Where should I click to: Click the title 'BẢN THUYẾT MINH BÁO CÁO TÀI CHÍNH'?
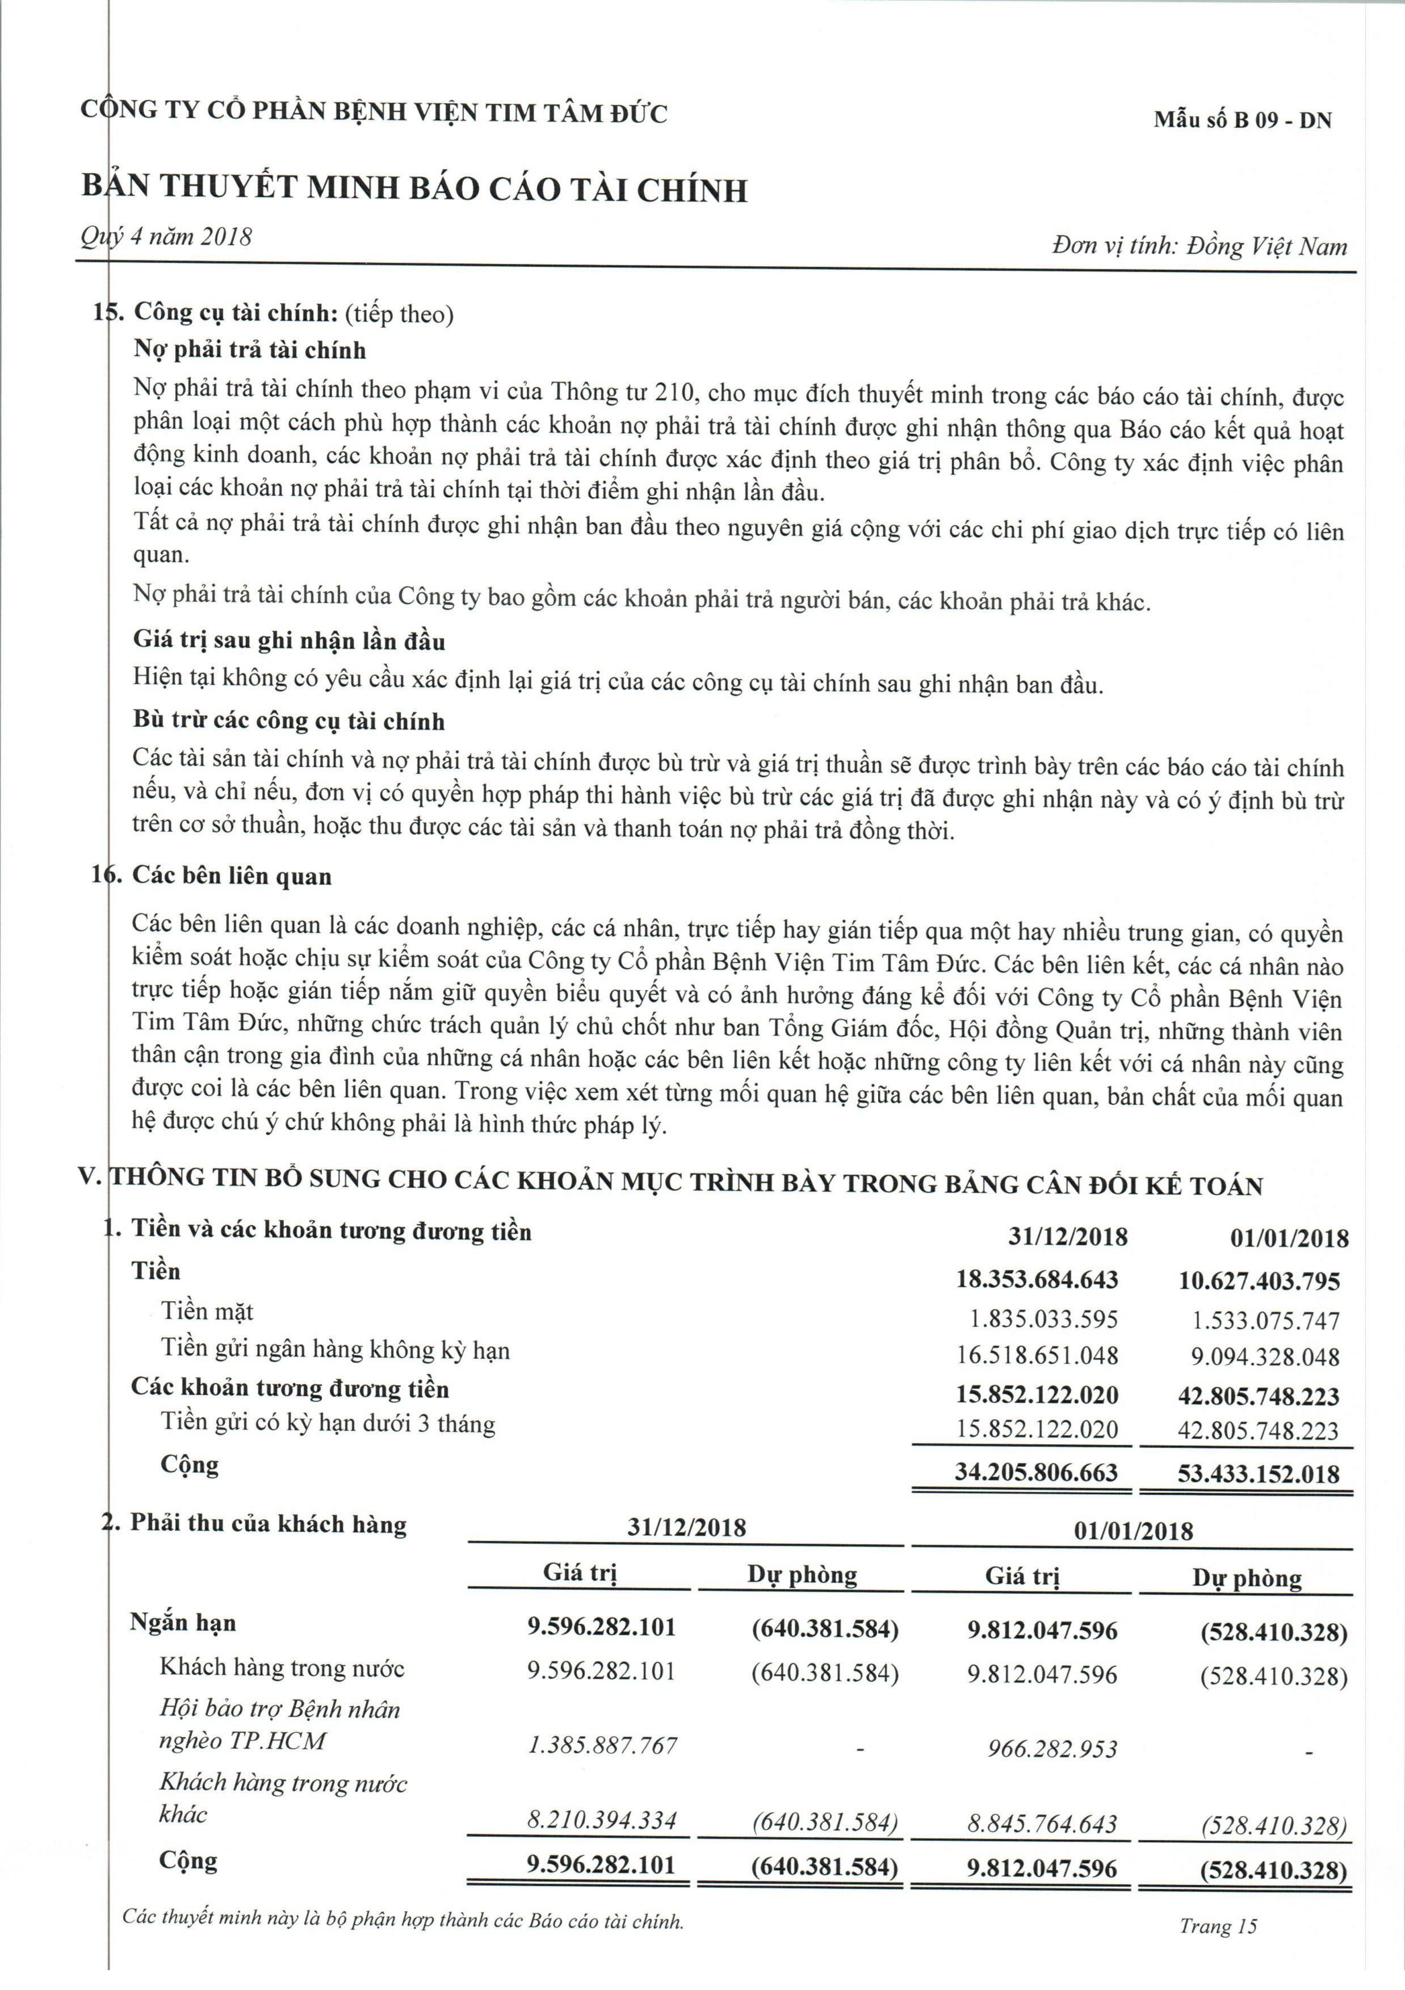point(414,189)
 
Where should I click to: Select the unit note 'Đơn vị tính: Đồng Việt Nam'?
point(1200,247)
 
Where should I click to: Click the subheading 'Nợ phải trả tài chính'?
point(250,350)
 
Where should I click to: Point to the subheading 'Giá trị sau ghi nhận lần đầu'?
point(288,642)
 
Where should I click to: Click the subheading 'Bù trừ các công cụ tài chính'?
point(288,721)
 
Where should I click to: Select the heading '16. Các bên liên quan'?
point(212,876)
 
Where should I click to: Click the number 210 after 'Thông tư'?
point(676,393)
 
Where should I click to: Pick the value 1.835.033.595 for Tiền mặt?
point(1043,1319)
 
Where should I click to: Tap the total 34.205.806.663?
point(1036,1473)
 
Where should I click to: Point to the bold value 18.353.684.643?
point(1037,1280)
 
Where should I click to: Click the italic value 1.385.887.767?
point(602,1746)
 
